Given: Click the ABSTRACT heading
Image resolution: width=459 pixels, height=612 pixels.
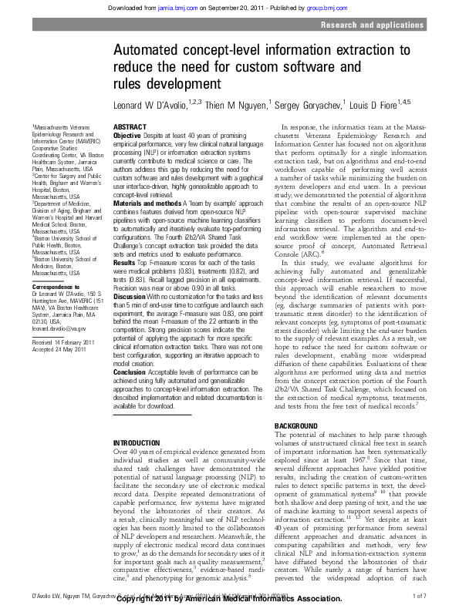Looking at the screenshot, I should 130,126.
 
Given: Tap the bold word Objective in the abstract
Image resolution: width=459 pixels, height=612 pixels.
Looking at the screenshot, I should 129,134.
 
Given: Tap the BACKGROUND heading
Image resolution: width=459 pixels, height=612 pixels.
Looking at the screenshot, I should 297,425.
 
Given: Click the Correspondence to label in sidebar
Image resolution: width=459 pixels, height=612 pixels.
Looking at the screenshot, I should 55,287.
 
